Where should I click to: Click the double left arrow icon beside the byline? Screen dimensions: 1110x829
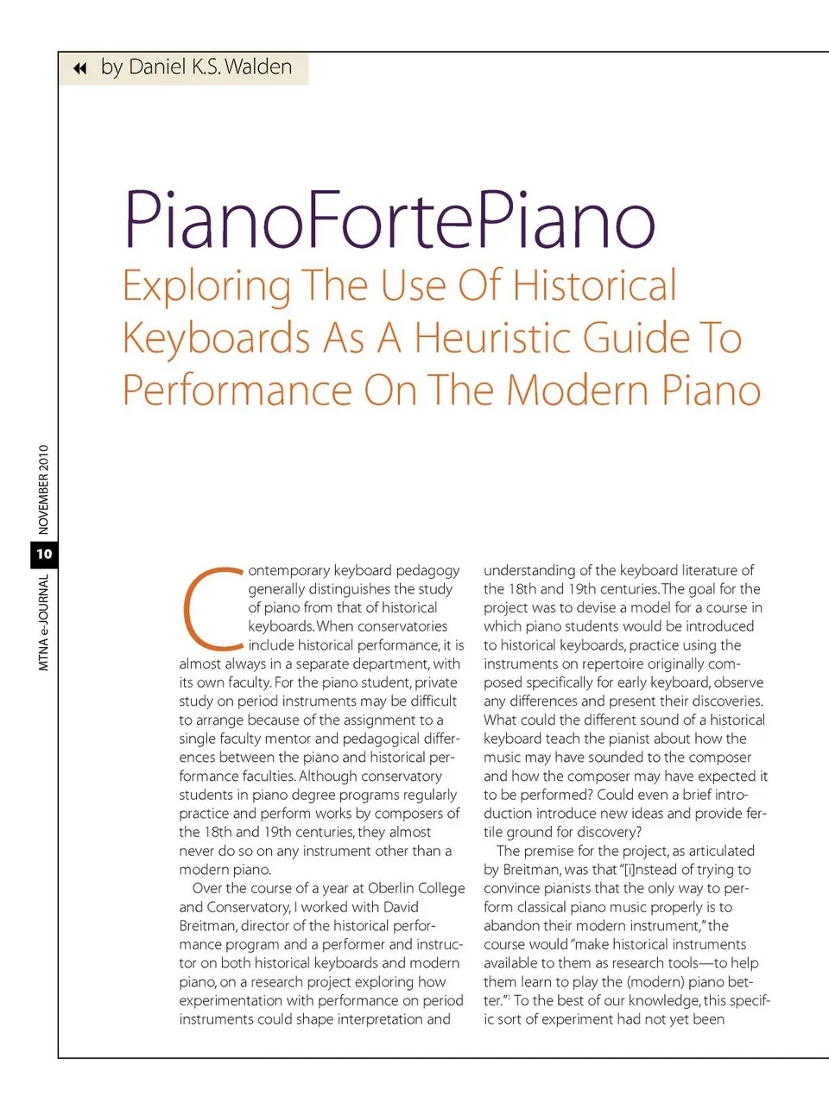(x=80, y=68)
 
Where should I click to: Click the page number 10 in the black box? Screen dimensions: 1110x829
(x=44, y=554)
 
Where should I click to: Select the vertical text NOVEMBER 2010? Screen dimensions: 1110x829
(x=44, y=490)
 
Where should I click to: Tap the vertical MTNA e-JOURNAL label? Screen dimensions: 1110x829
(x=44, y=622)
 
